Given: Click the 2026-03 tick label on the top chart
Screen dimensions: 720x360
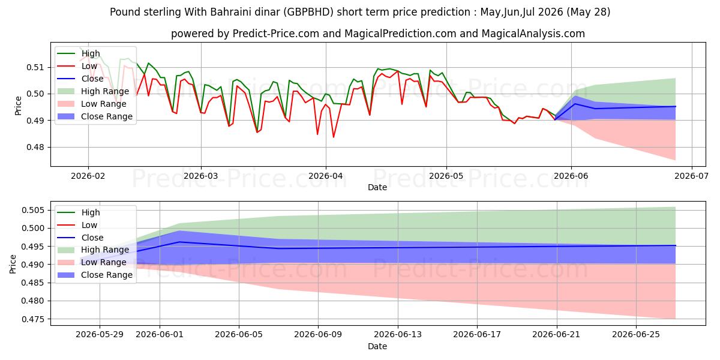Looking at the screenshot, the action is point(201,176).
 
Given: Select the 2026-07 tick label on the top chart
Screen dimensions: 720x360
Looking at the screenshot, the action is point(691,176).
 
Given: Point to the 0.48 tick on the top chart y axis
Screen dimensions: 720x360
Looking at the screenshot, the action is point(35,147).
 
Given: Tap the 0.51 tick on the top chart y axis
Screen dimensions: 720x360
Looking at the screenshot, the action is point(35,67).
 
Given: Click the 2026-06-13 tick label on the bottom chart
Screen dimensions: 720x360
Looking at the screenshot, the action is point(398,335).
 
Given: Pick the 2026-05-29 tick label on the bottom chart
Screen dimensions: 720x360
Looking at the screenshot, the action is point(100,335).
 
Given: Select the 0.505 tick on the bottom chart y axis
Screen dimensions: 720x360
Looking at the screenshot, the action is point(33,211).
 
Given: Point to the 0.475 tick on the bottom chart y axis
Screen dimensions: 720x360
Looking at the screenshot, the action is point(33,319).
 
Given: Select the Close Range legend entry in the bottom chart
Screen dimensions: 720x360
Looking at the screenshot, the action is point(95,275).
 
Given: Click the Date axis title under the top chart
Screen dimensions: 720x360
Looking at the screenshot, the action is point(377,187).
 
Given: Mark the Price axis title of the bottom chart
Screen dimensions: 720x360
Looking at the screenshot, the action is point(13,264).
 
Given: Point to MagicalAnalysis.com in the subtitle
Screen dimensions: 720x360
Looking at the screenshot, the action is point(533,34).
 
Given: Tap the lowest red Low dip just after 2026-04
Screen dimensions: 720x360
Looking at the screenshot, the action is point(334,137).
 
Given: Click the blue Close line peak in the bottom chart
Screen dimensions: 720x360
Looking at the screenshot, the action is point(179,242).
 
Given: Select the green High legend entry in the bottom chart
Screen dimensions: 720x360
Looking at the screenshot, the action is point(79,212).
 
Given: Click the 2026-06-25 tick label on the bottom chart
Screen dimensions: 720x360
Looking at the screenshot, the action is point(636,335).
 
